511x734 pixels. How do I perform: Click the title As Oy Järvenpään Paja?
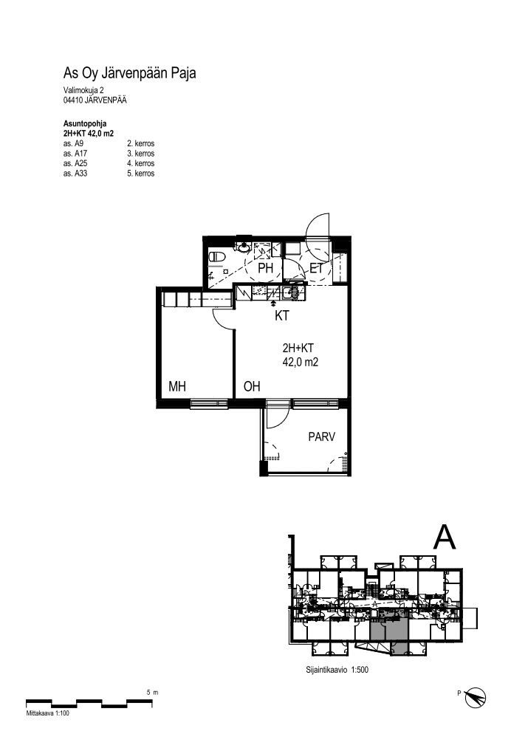coord(130,74)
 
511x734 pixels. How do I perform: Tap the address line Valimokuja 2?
coord(83,90)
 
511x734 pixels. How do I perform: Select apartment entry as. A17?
coord(75,153)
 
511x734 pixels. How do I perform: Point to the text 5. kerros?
coord(141,174)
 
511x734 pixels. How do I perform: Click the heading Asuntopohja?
coord(85,123)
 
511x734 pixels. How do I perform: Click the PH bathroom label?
coord(265,268)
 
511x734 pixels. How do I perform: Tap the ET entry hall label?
coord(317,268)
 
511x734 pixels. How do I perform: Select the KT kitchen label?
coord(281,316)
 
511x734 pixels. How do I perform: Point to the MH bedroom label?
coord(177,386)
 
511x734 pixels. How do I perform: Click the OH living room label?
coord(252,386)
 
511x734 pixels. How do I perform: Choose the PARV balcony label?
coord(321,436)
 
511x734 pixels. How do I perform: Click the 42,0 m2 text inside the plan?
coord(301,362)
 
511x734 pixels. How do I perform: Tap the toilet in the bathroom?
coord(217,256)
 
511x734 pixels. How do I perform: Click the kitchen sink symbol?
coord(288,293)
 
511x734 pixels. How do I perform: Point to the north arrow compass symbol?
coord(475,697)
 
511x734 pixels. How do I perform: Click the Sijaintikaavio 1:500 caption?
coord(337,670)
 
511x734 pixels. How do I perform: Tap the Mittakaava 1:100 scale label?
coord(48,714)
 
